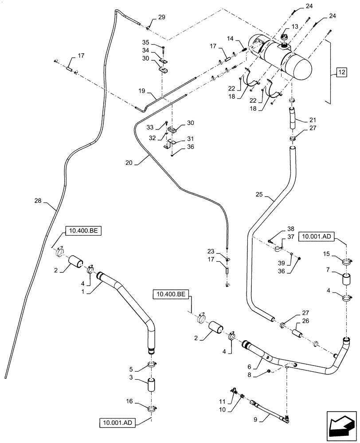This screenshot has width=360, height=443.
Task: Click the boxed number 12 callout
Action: pos(340,72)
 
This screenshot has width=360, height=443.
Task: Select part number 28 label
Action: pos(39,201)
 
